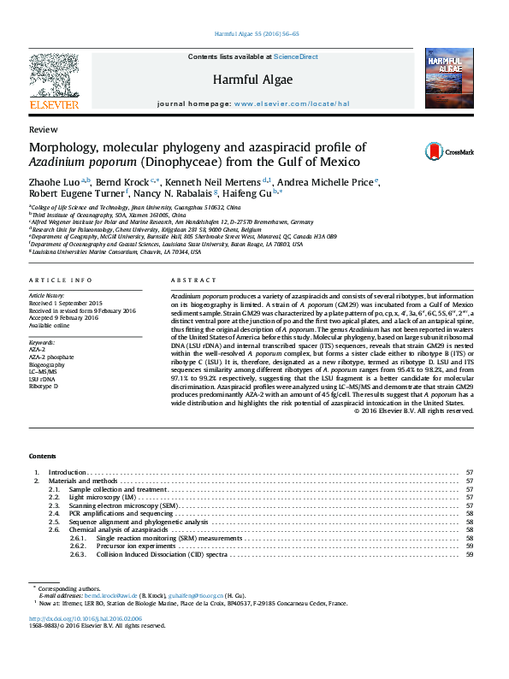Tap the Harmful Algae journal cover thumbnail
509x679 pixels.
point(448,79)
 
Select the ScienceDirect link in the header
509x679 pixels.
point(296,56)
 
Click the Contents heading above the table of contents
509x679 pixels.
point(43,457)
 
